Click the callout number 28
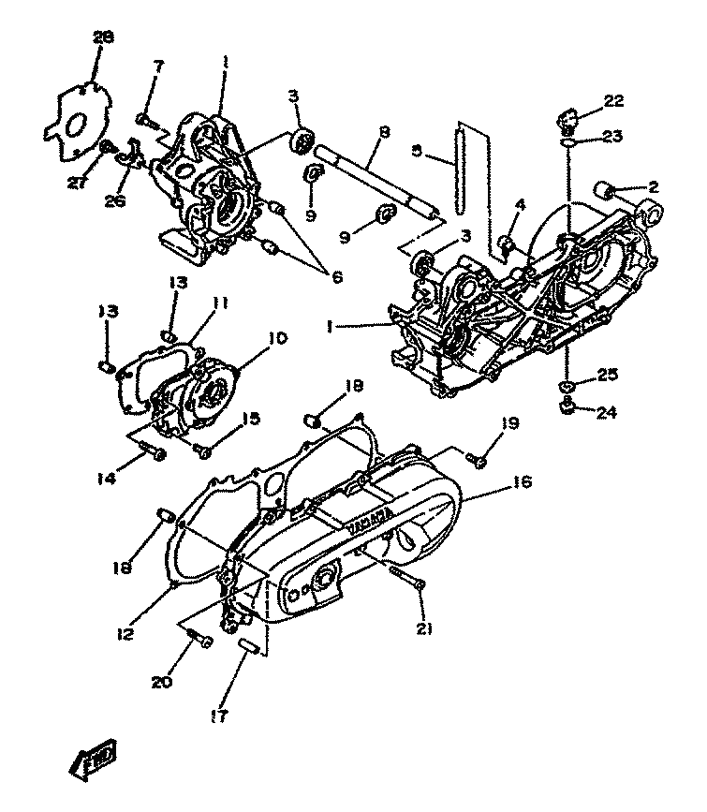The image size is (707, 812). (x=102, y=37)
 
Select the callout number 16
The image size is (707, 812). (x=522, y=482)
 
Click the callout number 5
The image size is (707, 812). (x=417, y=150)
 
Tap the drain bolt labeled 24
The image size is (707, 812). (x=566, y=406)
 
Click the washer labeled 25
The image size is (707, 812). (x=566, y=386)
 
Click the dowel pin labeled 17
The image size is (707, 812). (x=249, y=648)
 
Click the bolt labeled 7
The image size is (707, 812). (x=146, y=119)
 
